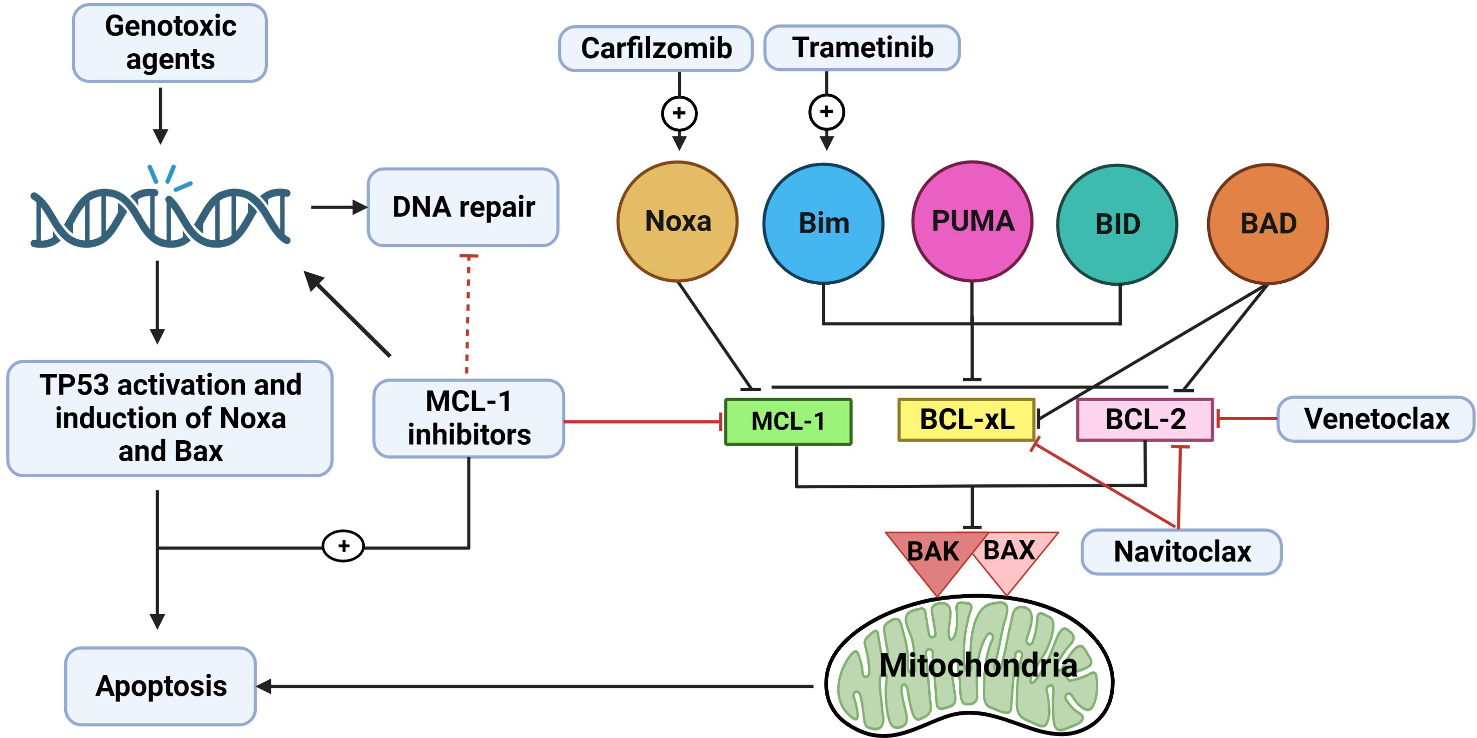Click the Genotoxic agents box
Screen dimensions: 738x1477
pos(170,43)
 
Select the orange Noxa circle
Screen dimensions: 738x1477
pos(677,222)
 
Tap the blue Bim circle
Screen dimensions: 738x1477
pos(823,224)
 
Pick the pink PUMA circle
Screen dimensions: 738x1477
pos(972,222)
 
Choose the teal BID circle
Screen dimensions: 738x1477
pos(1117,224)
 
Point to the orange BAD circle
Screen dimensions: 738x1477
pos(1268,224)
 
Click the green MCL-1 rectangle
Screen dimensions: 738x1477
pos(788,422)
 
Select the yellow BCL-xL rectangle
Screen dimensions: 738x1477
pos(966,420)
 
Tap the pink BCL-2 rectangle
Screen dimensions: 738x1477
pos(1145,420)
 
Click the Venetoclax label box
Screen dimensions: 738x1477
pos(1376,419)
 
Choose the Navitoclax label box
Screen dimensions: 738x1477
pos(1181,552)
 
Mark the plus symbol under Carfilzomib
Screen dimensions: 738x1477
pos(679,113)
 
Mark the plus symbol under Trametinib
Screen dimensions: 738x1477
pos(826,112)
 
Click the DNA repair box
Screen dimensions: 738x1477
pos(463,208)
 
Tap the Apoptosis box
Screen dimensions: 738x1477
pos(161,686)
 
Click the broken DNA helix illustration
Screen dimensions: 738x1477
pos(161,215)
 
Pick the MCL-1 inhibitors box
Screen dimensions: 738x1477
pos(469,418)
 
